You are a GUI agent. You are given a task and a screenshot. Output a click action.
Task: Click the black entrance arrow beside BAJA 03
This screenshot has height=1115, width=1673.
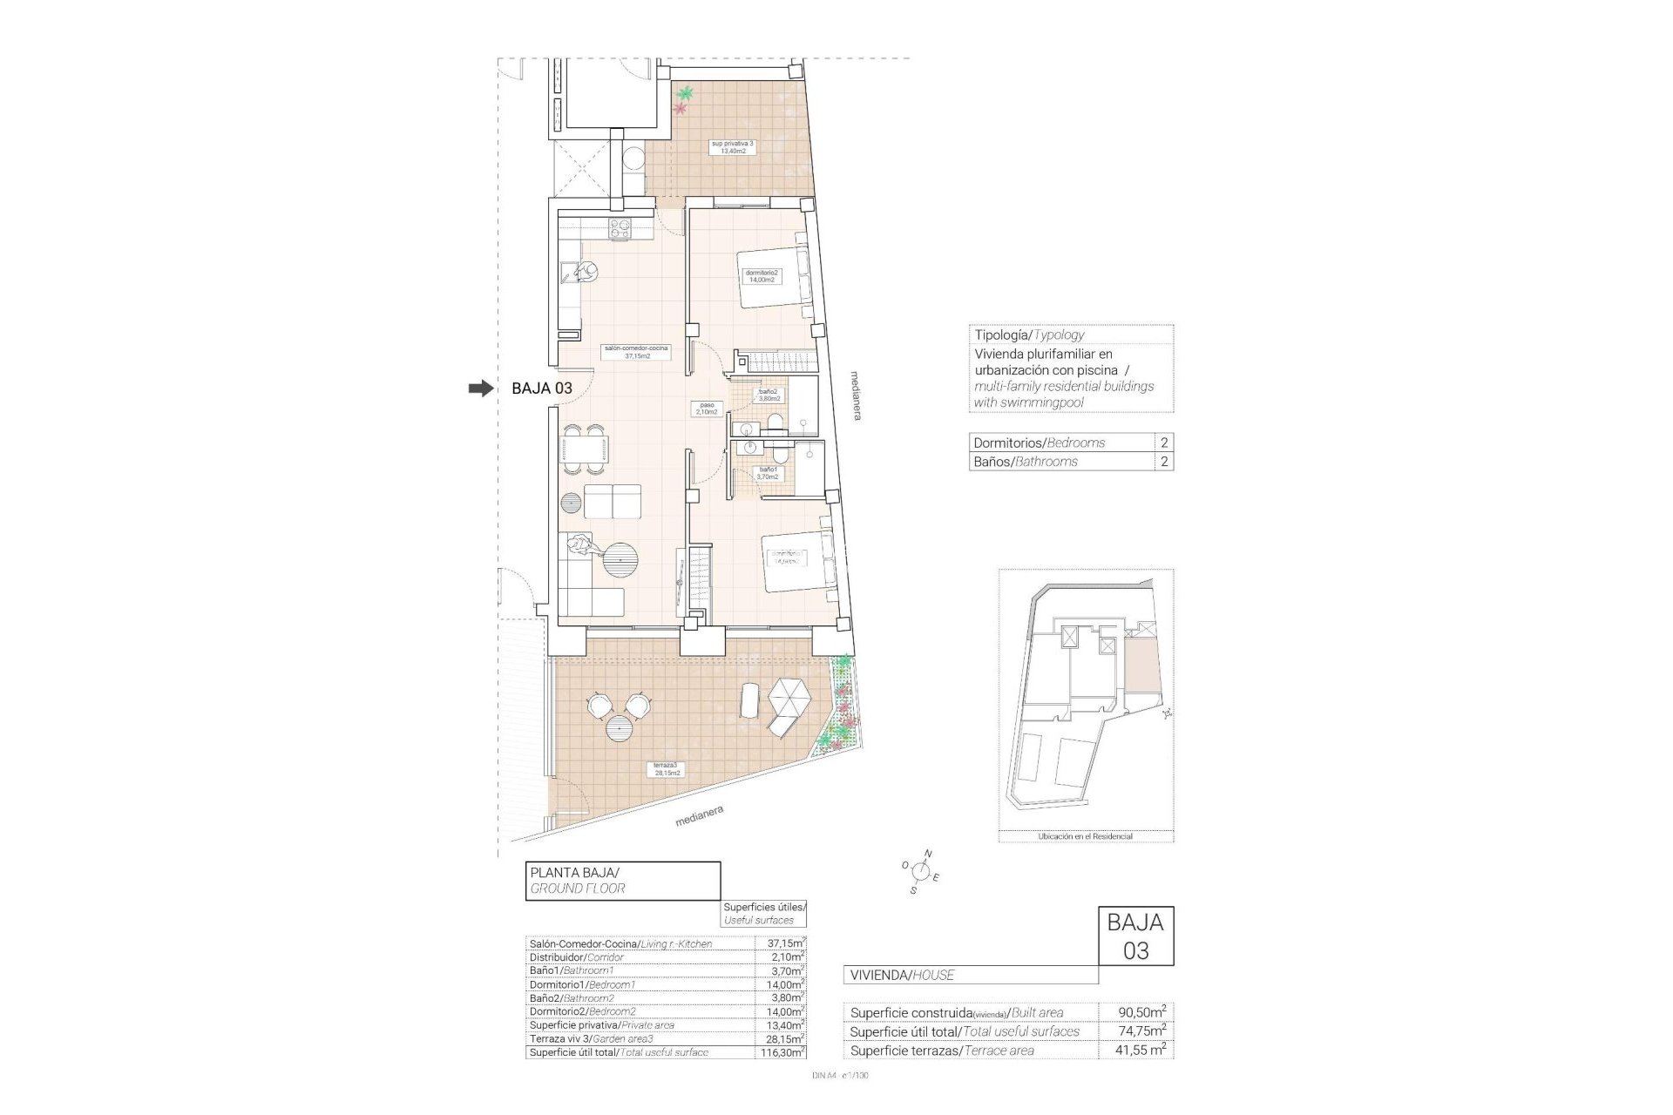tap(480, 389)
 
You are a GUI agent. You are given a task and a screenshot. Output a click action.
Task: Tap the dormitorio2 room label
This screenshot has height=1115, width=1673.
tap(762, 276)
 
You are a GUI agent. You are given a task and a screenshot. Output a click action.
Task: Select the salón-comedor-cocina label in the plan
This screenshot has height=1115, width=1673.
tap(637, 352)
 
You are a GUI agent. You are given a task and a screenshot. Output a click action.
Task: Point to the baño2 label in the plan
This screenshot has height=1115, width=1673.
tap(769, 395)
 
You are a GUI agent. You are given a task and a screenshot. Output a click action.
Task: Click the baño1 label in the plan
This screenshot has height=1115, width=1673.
tap(767, 474)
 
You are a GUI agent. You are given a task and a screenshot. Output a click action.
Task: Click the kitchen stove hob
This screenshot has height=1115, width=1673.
tap(620, 229)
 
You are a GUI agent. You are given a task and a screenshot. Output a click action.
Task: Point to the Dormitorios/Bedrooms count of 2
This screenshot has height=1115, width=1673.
tap(1163, 443)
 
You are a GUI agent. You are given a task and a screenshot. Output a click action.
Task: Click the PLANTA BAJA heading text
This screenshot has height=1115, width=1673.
tap(574, 872)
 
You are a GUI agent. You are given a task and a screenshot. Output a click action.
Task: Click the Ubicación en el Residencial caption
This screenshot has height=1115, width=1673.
tap(1085, 836)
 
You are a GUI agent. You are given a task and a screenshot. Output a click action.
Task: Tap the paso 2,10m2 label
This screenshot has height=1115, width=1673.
tap(707, 409)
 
